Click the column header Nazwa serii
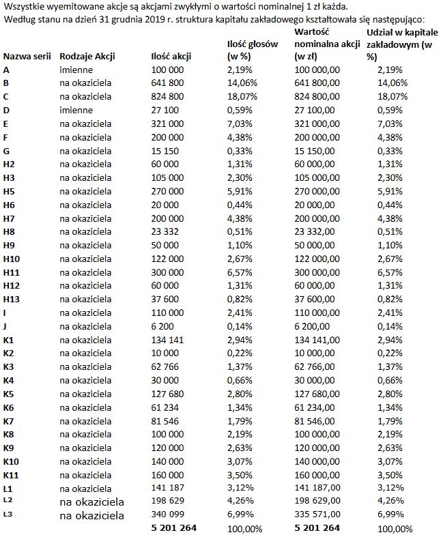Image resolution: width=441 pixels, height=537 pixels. [27, 57]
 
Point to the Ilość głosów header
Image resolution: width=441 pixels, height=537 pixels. [252, 44]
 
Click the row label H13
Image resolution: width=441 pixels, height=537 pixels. [12, 299]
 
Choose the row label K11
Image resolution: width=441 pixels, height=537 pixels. [12, 475]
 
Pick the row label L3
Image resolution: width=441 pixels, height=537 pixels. [8, 514]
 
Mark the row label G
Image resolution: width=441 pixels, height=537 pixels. [6, 150]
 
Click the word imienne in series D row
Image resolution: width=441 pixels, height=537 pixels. [74, 110]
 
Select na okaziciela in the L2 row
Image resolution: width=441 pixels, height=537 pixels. [91, 502]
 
